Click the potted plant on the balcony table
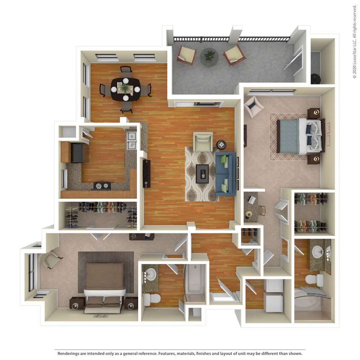coord(210,55)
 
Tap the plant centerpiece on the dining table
coord(125,88)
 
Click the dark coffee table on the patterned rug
coord(202,174)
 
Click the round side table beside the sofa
coord(221,145)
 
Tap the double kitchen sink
coord(131,141)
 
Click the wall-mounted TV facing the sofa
coord(146,173)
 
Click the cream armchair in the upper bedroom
coord(254,107)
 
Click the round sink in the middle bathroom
coord(150,275)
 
